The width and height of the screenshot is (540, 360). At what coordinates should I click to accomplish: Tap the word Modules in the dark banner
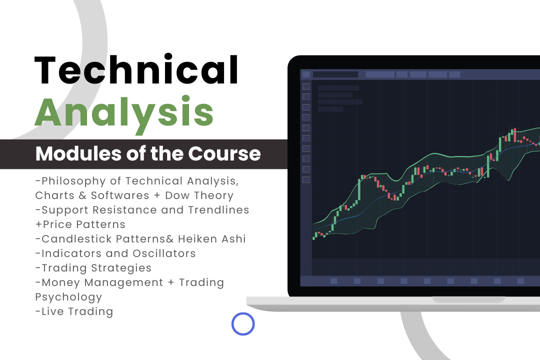pos(78,153)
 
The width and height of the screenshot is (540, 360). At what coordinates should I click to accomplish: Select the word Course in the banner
pos(224,153)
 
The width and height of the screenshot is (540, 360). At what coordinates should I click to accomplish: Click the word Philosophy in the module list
pos(73,181)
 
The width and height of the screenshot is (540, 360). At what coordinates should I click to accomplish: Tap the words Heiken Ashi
pos(212,238)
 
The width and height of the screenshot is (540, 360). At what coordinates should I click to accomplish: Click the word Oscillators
pos(164,253)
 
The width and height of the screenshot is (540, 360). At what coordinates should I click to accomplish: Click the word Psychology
pos(68,297)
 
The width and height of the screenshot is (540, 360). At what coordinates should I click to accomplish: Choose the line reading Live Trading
pos(74,312)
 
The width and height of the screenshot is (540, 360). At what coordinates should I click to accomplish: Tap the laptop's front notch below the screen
pos(468,299)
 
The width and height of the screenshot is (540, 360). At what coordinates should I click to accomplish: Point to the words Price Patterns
pos(83,224)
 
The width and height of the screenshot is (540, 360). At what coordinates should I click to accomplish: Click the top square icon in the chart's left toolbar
pos(306,86)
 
